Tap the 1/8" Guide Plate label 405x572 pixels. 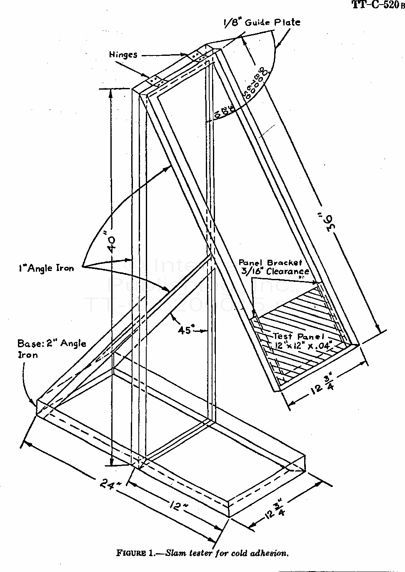tap(262, 22)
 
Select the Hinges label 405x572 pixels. tap(123, 55)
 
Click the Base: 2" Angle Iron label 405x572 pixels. tap(52, 349)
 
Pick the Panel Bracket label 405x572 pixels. tap(270, 263)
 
